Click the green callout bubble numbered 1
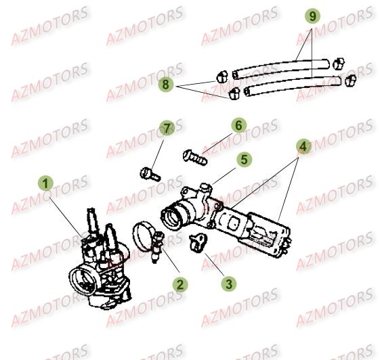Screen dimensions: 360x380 45,183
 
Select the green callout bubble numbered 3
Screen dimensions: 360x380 230,284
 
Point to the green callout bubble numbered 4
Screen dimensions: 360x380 303,145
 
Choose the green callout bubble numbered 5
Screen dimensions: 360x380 243,160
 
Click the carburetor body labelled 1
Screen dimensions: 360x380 95,261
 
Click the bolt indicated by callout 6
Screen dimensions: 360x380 194,156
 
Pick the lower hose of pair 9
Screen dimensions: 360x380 291,85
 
